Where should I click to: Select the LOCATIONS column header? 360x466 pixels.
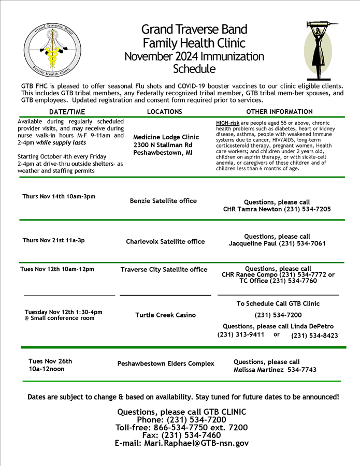pos(165,112)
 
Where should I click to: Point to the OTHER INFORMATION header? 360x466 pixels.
pos(279,112)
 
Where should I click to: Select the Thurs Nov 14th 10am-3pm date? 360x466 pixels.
pos(59,197)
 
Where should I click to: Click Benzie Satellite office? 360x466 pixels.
pos(163,201)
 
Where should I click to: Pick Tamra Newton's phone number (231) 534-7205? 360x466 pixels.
pos(307,209)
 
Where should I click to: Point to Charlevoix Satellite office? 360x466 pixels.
pos(165,241)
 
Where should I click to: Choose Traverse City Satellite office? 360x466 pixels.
pos(164,269)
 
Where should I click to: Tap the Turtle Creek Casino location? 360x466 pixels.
pos(166,315)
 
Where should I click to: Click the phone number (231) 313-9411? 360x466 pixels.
pos(241,334)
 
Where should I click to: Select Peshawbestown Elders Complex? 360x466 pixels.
pos(166,363)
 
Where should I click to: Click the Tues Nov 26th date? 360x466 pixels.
pos(50,361)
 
